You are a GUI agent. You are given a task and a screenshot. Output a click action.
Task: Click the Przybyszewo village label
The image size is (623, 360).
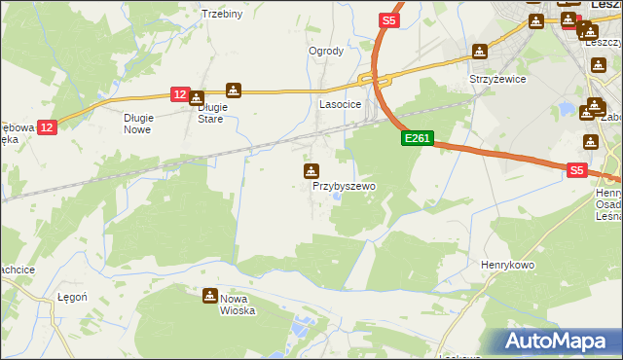(344, 185)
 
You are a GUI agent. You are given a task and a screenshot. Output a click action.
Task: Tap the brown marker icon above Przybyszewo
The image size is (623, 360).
(311, 171)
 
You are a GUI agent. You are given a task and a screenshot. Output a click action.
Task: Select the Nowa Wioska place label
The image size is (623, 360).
(237, 306)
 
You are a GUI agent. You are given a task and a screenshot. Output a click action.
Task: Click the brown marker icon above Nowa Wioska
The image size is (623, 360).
(210, 296)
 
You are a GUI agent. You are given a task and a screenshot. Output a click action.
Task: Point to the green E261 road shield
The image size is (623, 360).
(417, 139)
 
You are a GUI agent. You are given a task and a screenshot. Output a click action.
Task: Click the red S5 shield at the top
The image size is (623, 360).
(389, 19)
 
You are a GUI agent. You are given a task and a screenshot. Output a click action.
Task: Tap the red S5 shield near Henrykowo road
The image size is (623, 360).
(576, 169)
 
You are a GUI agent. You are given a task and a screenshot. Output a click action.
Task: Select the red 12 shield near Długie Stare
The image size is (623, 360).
(179, 93)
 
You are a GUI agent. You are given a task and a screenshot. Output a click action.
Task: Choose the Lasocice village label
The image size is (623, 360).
(341, 103)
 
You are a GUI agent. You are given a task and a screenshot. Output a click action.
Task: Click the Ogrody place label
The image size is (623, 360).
(326, 51)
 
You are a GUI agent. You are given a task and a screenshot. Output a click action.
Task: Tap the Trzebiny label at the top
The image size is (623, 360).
(221, 14)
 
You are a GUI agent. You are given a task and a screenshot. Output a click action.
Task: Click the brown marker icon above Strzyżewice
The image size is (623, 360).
(479, 52)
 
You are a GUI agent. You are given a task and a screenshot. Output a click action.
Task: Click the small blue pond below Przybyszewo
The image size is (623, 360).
(337, 197)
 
